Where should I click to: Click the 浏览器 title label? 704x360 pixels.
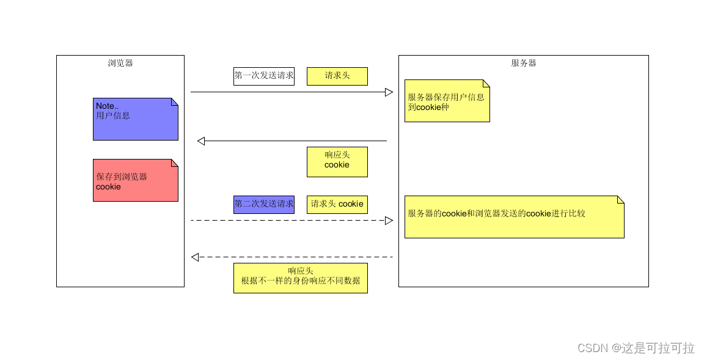pyautogui.click(x=120, y=63)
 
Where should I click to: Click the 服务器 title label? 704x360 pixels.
pyautogui.click(x=524, y=63)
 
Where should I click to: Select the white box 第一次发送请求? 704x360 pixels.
pyautogui.click(x=264, y=76)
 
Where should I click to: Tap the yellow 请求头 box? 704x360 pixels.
pyautogui.click(x=337, y=76)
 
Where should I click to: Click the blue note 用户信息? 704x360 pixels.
pyautogui.click(x=135, y=119)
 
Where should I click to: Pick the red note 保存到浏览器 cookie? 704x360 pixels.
pyautogui.click(x=135, y=181)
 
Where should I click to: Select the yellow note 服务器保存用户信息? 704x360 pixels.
pyautogui.click(x=447, y=101)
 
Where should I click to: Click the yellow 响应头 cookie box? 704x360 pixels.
pyautogui.click(x=337, y=161)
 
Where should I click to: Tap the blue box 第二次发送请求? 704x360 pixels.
pyautogui.click(x=264, y=204)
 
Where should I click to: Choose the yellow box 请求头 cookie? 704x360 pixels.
pyautogui.click(x=337, y=204)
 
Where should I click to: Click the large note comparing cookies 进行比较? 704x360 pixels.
pyautogui.click(x=514, y=217)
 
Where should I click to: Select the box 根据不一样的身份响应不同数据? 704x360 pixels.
pyautogui.click(x=301, y=277)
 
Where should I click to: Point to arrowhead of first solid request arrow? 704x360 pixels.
pyautogui.click(x=389, y=92)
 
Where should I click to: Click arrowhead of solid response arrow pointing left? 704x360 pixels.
pyautogui.click(x=201, y=141)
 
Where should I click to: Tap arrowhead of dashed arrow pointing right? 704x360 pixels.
pyautogui.click(x=389, y=221)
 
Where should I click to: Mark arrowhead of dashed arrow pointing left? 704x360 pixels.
pyautogui.click(x=195, y=257)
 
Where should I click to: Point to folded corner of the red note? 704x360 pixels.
pyautogui.click(x=174, y=163)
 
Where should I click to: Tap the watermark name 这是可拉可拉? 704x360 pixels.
pyautogui.click(x=658, y=348)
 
